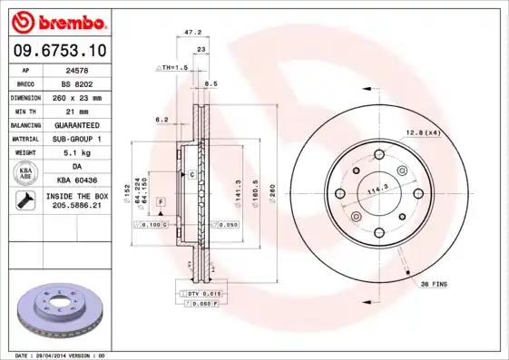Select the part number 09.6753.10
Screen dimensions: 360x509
coord(59,51)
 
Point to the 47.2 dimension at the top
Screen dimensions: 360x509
coord(192,32)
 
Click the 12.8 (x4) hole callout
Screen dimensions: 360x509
coord(423,132)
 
